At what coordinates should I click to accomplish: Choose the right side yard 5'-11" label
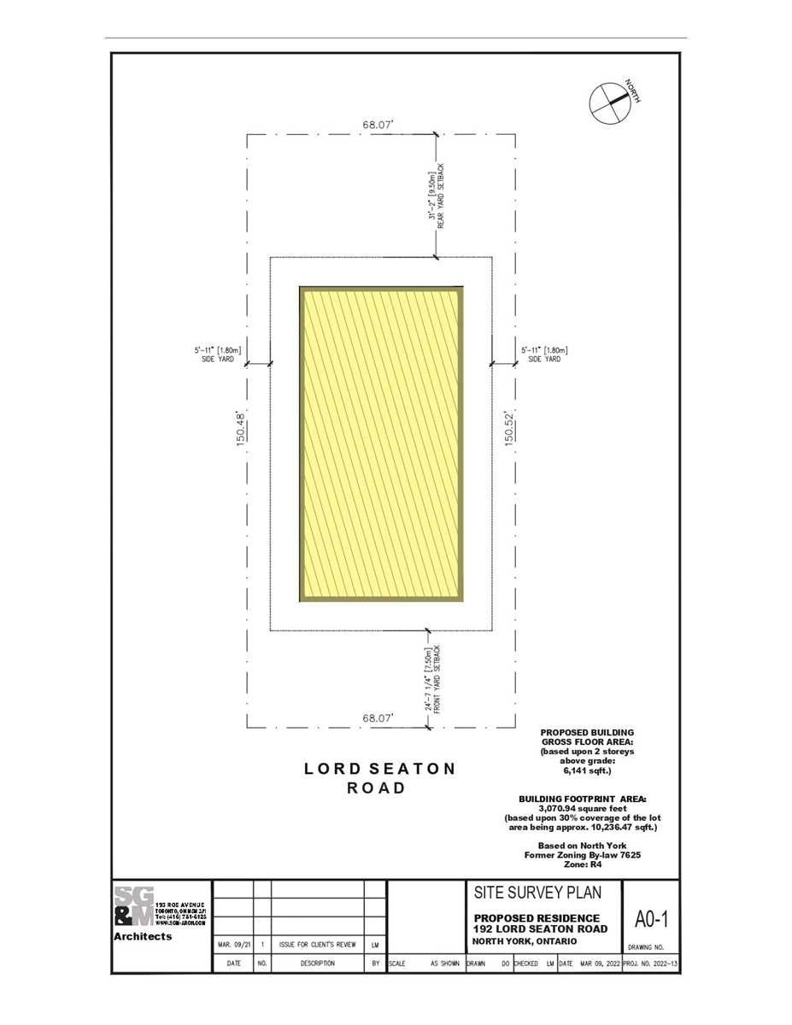(x=543, y=354)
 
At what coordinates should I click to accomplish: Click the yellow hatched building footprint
(x=381, y=444)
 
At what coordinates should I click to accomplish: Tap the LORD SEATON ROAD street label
(x=379, y=778)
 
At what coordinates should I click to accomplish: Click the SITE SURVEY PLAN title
(x=537, y=893)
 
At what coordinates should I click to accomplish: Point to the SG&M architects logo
(x=135, y=907)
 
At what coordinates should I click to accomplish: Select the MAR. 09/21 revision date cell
(x=232, y=946)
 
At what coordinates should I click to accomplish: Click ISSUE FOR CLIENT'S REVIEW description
(x=316, y=946)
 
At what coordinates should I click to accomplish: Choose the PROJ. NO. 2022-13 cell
(x=651, y=963)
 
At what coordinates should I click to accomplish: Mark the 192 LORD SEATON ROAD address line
(x=540, y=928)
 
